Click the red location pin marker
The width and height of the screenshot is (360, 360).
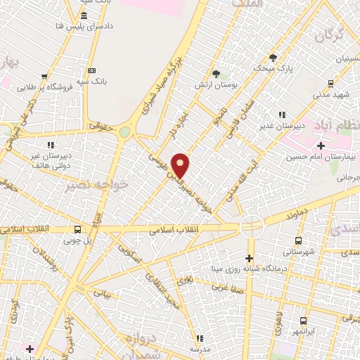point(181,165)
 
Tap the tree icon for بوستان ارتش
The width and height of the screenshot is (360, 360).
point(216,74)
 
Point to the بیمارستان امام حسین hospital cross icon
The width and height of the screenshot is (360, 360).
point(321,146)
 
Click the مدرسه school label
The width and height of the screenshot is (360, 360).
point(200,349)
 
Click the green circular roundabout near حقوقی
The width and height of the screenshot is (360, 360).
point(124,131)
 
